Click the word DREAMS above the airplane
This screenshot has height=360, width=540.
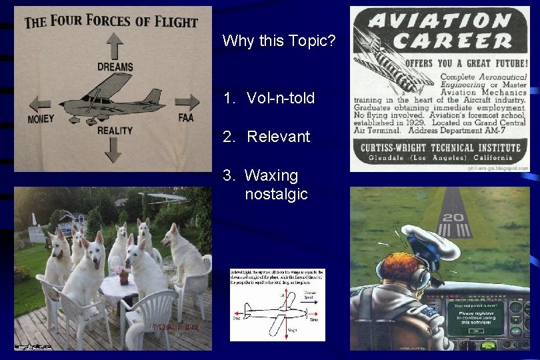click(x=115, y=67)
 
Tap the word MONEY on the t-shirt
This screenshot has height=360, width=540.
click(x=41, y=119)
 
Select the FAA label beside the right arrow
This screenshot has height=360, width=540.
click(x=186, y=118)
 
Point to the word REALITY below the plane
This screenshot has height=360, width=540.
click(x=115, y=131)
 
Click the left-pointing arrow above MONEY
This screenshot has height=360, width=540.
click(x=41, y=103)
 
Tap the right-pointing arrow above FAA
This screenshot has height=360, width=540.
click(x=188, y=102)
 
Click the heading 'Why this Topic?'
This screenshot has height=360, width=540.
click(x=279, y=41)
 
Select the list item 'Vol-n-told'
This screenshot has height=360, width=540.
click(x=281, y=99)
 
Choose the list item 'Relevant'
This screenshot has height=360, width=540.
click(x=279, y=137)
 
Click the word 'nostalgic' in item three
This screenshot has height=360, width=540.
click(x=276, y=195)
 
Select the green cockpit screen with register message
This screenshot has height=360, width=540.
click(x=474, y=319)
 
